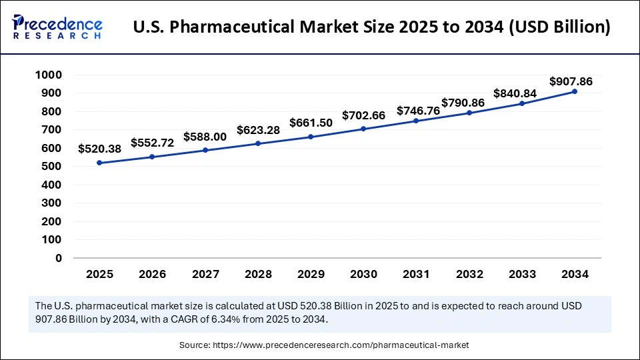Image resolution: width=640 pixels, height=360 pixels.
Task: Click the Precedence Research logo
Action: coord(57,27)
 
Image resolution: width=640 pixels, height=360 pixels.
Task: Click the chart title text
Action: coord(371,27)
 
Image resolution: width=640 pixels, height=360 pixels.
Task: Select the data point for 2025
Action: coord(99,163)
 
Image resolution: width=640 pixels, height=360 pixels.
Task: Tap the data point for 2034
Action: coord(575,91)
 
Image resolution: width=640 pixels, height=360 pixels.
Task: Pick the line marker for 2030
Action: coord(363,129)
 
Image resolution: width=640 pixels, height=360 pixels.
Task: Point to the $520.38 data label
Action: coord(99,149)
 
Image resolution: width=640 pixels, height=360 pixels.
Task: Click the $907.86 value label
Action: coord(571,81)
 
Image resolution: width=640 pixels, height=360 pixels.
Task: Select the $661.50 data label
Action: coord(311,123)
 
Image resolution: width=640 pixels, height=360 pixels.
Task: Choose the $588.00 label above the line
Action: coord(205,137)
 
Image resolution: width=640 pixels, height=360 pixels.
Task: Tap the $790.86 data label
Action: coord(463,103)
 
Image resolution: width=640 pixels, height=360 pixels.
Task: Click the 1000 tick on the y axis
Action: coord(49,75)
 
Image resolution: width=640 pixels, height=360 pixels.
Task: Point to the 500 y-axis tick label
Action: coord(51,166)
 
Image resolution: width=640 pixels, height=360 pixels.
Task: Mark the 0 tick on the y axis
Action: coord(59,258)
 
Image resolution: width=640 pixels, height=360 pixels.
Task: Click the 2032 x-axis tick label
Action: coord(469,274)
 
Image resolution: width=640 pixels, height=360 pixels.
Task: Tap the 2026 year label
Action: coord(152,274)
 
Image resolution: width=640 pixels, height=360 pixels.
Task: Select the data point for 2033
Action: coord(522,103)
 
